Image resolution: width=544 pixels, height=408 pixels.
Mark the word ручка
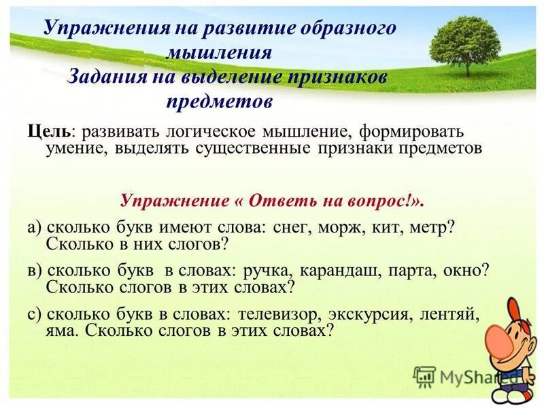pos(255,270)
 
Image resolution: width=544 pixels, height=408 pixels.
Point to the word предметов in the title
pos(219,101)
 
